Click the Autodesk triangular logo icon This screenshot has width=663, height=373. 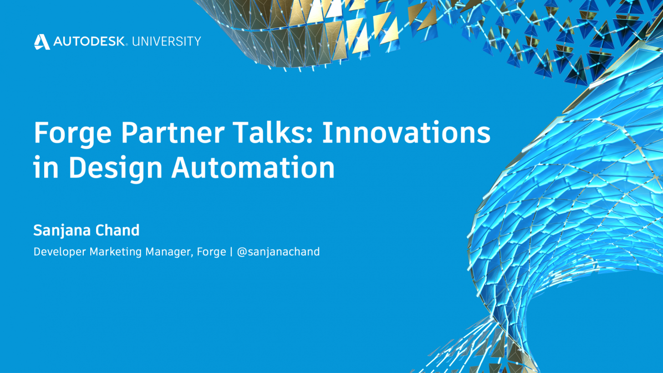click(42, 42)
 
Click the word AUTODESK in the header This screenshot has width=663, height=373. click(89, 41)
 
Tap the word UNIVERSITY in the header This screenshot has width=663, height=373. click(167, 41)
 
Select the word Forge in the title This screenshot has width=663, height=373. click(72, 134)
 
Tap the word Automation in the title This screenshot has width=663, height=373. click(253, 167)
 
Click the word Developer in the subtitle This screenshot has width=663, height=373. click(60, 252)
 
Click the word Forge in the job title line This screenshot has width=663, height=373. click(211, 252)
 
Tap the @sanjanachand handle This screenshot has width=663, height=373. click(278, 252)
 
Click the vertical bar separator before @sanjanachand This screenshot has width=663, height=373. click(231, 252)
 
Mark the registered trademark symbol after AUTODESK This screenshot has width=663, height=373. click(127, 45)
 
